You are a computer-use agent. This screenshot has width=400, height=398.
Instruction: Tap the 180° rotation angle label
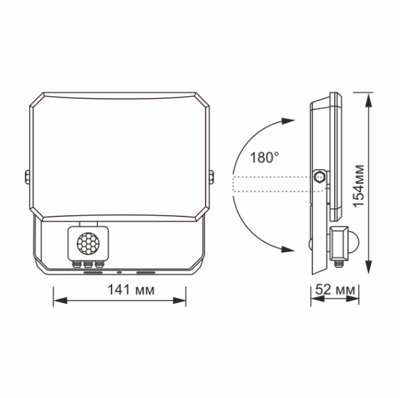(264, 157)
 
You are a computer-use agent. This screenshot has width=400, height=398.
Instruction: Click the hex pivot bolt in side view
(320, 176)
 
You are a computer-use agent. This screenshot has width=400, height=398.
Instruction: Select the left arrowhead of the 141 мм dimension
(58, 301)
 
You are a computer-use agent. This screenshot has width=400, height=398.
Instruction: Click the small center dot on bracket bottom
(119, 271)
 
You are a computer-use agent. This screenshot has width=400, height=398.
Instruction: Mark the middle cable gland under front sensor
(86, 263)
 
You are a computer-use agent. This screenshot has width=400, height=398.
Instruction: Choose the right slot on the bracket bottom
(146, 271)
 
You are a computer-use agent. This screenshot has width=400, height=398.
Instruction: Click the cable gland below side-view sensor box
(338, 263)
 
